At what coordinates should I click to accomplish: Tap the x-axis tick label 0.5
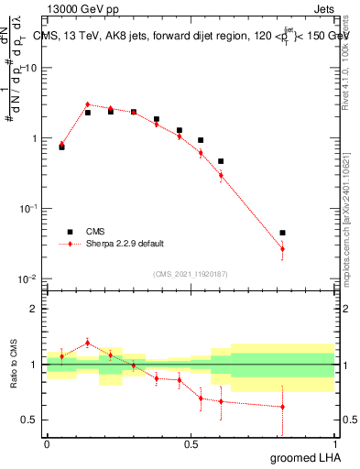click(191, 443)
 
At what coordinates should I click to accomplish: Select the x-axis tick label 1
click(335, 443)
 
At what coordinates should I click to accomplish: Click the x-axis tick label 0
click(47, 443)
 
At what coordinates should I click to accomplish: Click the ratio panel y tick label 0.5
click(29, 420)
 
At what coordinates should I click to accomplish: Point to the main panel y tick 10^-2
click(28, 278)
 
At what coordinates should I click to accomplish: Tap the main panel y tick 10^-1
click(28, 209)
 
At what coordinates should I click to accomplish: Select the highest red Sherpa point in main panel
click(87, 104)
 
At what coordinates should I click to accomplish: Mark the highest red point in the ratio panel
click(87, 343)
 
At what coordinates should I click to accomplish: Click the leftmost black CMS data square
click(61, 147)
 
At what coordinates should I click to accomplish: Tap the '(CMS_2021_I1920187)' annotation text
click(190, 274)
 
